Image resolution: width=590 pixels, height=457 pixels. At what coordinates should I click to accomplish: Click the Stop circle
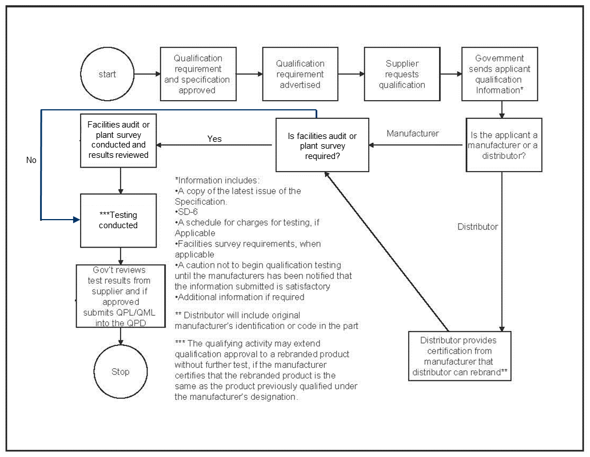(120, 372)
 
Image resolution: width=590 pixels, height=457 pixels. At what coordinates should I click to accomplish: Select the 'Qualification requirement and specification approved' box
(197, 74)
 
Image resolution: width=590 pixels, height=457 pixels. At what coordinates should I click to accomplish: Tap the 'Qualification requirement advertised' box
(300, 74)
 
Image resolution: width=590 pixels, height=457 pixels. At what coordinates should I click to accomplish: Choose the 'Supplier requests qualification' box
(402, 74)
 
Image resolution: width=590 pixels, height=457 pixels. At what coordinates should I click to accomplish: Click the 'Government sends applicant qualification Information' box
(499, 74)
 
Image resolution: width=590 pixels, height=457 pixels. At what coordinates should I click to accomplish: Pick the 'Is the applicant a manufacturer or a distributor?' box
(504, 145)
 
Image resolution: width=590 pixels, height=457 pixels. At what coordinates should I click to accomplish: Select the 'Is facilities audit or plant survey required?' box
(322, 145)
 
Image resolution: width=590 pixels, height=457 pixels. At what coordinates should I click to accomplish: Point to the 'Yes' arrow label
(214, 139)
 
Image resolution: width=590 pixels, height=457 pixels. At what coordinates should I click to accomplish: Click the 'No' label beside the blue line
(31, 160)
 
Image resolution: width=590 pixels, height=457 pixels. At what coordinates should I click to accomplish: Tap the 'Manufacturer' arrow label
(413, 134)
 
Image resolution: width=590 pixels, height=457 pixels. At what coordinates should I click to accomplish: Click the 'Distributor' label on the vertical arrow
(477, 226)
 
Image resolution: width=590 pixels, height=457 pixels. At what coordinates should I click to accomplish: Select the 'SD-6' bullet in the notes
(186, 212)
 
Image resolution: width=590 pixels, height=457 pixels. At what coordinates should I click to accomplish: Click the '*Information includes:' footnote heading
(217, 180)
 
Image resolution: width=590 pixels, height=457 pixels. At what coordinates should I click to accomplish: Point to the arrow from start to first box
(146, 74)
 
